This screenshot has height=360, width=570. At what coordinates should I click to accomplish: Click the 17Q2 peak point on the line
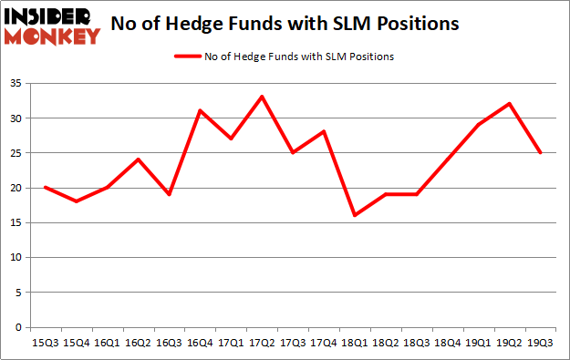262,97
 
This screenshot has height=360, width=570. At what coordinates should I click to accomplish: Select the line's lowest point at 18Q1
355,215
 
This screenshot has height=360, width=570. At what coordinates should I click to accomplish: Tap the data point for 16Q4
200,110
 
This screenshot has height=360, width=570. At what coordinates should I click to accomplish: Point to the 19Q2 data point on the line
510,103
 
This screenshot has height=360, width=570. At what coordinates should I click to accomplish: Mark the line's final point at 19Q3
541,152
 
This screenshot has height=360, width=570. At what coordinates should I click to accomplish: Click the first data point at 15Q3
45,187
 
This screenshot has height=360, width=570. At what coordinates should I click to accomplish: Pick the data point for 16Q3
169,194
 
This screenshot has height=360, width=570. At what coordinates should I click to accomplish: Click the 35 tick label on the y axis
16,83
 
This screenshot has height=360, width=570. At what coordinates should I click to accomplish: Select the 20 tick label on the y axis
16,188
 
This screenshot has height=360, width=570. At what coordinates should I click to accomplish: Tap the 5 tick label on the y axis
19,293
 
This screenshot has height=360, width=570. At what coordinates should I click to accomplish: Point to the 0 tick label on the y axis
19,327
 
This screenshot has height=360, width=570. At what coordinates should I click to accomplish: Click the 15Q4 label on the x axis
76,344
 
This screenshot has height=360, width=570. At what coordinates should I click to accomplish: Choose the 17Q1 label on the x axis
231,344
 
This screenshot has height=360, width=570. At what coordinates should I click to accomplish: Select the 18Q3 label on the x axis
417,344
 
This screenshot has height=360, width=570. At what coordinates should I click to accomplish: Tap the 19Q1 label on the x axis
479,344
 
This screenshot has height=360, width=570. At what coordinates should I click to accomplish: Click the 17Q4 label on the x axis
324,344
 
